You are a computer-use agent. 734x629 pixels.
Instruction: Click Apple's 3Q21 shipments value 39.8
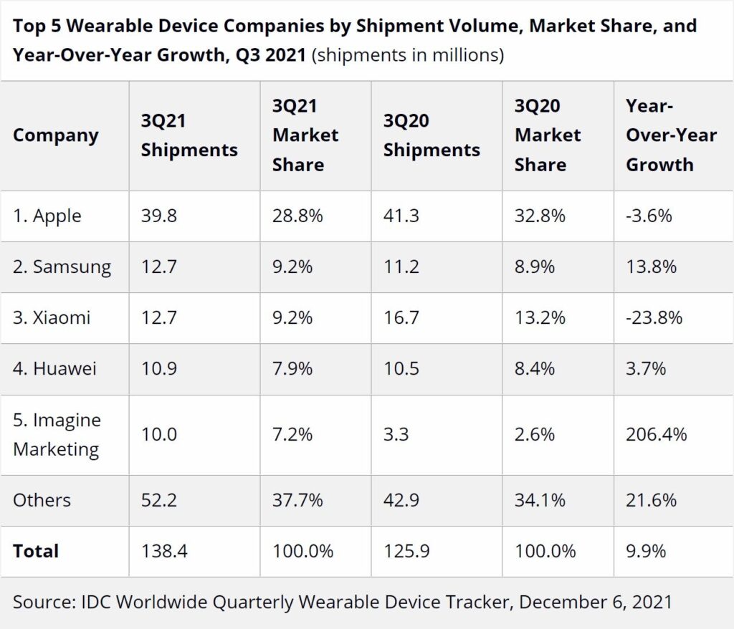(158, 216)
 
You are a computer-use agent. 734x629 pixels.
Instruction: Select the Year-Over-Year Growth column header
(671, 135)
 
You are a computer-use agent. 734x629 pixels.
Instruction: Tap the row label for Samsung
(62, 267)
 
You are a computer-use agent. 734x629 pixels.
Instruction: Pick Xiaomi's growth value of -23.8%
(654, 317)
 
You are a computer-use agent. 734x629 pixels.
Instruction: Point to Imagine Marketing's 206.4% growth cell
(656, 434)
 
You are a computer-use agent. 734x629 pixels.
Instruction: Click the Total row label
(36, 551)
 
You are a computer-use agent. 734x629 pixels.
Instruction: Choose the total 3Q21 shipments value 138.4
(165, 551)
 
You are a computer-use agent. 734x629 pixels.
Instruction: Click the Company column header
(56, 135)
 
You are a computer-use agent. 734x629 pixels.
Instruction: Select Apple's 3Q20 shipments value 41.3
(401, 216)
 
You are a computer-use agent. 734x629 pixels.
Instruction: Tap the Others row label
(42, 499)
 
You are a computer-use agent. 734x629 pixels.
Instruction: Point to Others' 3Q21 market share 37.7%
(297, 499)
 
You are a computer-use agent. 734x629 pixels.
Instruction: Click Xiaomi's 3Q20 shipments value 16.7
(401, 317)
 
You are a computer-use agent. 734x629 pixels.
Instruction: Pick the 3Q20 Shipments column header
(432, 135)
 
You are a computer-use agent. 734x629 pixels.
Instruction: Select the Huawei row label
(54, 369)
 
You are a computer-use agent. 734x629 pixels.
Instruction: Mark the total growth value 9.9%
(646, 551)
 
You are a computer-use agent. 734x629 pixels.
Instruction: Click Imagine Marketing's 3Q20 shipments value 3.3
(396, 434)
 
